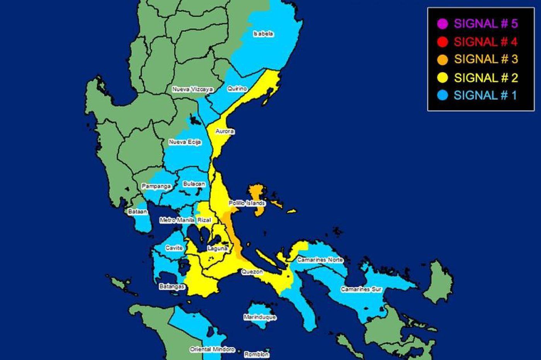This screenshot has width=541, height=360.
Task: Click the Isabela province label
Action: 263,34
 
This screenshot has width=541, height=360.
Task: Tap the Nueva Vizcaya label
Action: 192,89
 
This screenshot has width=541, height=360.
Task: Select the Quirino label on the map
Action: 237,88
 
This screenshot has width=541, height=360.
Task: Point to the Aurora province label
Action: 225,131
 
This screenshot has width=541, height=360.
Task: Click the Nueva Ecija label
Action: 185,143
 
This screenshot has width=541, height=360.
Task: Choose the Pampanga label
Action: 156,186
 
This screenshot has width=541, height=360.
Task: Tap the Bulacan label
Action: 194,184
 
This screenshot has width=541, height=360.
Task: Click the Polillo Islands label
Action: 247,203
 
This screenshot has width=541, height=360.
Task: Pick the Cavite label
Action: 174,248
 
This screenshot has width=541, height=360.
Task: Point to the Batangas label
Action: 172,287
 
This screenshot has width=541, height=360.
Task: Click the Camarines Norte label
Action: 320,260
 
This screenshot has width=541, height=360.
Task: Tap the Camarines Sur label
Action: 361,289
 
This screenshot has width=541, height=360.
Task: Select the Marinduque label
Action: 260,317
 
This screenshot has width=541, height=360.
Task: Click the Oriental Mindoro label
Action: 212,349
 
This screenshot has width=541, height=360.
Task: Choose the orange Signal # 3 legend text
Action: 486,59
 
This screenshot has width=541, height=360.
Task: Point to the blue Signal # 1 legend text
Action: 485,95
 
